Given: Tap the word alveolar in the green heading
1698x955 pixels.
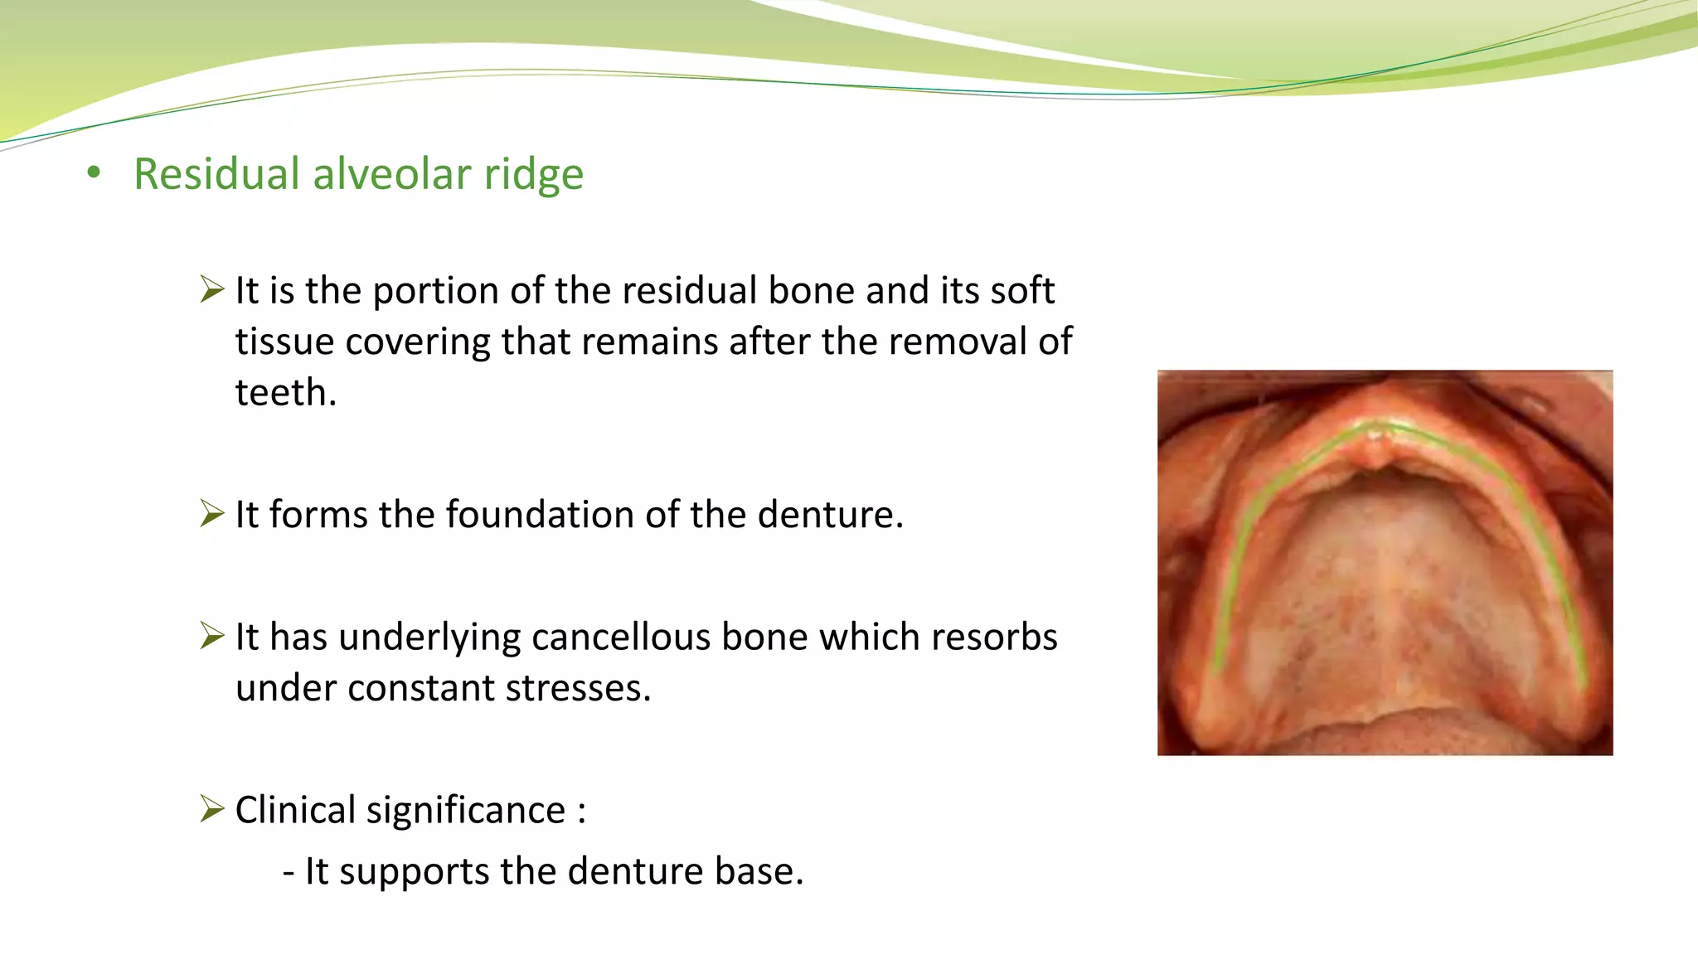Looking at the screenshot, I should pyautogui.click(x=391, y=174).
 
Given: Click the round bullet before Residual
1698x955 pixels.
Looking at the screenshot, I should pyautogui.click(x=94, y=173).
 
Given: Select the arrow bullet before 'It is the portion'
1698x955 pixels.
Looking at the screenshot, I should pyautogui.click(x=212, y=290).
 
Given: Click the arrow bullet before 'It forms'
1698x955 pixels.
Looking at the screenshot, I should pyautogui.click(x=212, y=514).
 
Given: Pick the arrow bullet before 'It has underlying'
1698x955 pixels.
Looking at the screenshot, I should pyautogui.click(x=212, y=637).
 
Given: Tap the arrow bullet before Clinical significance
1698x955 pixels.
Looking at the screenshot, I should pyautogui.click(x=212, y=808).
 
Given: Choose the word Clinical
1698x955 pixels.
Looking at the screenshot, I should pyautogui.click(x=294, y=809).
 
